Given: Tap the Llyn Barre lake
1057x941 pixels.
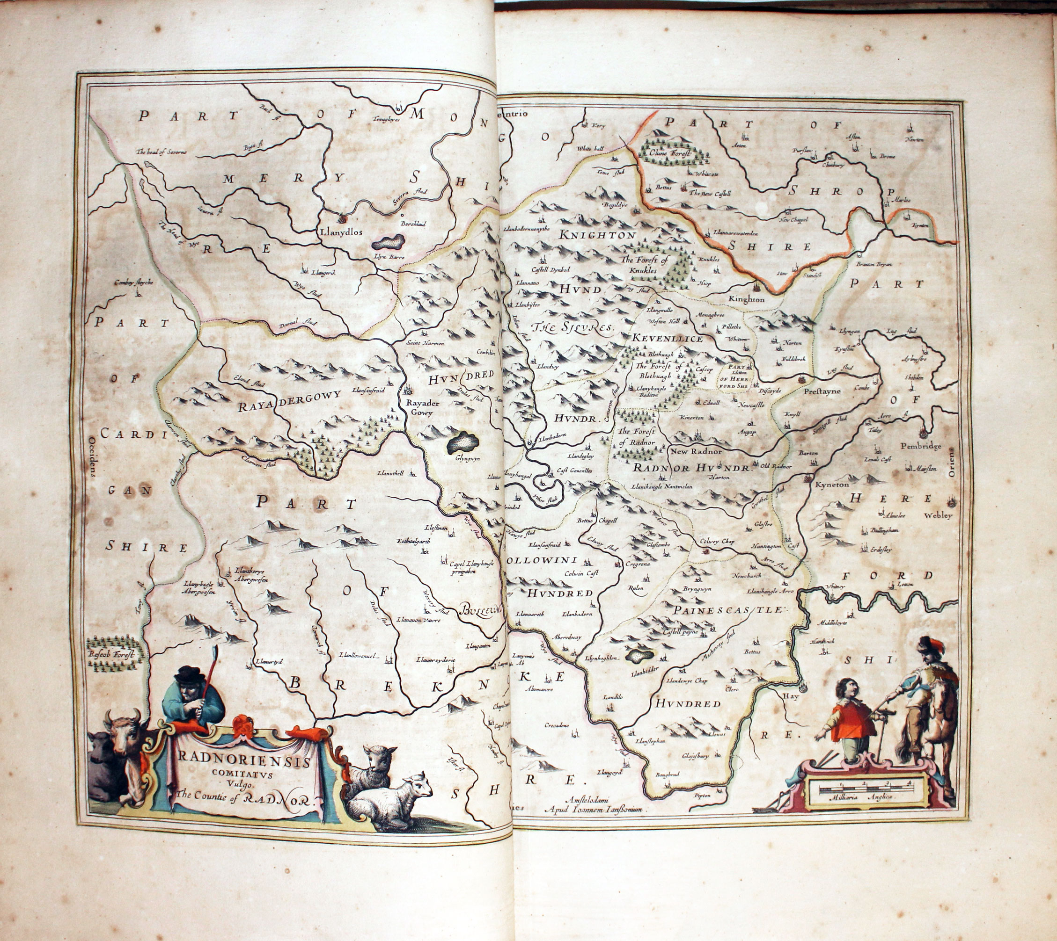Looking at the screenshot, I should tap(389, 241).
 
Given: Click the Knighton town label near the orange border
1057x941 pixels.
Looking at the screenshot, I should tap(746, 299).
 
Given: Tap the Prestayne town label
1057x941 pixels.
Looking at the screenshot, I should tap(822, 391).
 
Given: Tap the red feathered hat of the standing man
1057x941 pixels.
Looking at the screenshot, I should tap(929, 644).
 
